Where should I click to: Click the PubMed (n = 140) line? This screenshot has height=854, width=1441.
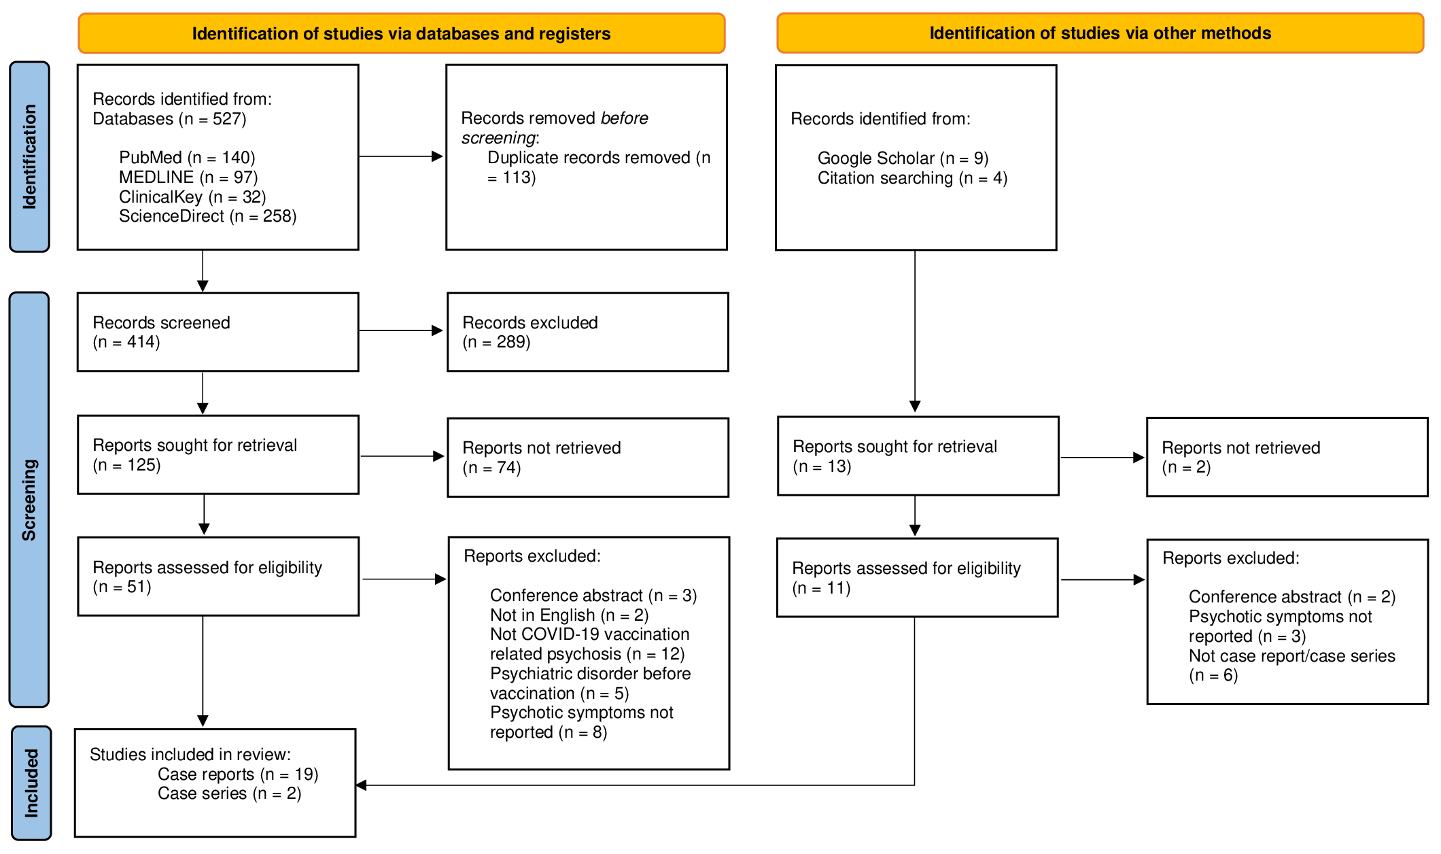187,158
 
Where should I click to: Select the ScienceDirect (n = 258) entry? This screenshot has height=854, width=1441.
207,216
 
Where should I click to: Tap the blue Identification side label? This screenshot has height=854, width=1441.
29,157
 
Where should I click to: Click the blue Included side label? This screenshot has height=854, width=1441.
31,783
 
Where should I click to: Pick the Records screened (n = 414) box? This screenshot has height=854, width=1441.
218,332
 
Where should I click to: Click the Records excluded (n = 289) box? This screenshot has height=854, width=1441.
587,332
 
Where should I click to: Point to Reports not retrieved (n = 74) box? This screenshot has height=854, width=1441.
587,458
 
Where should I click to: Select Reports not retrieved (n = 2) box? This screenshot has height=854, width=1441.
1286,457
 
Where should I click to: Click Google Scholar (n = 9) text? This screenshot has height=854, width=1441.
902,158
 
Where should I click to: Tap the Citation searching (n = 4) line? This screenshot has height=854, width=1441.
912,178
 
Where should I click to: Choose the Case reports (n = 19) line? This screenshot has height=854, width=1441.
238,774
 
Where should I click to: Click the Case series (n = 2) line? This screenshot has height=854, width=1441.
229,793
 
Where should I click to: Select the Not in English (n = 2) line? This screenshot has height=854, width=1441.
569,615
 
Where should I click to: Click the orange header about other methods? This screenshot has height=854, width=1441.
1099,33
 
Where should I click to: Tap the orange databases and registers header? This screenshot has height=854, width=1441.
401,33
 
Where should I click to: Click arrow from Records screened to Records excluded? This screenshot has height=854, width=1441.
401,331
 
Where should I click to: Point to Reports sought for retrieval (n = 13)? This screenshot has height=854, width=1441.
918,456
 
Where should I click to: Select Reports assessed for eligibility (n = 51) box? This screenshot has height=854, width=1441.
218,577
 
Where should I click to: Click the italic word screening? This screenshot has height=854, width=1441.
498,138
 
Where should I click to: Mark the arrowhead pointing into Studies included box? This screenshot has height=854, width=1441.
362,785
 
